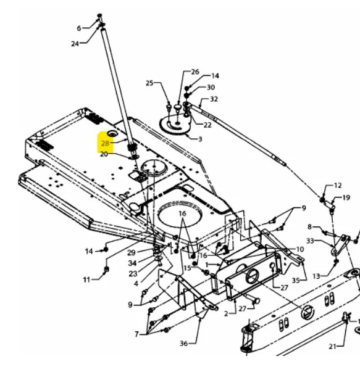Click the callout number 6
coord(79,28)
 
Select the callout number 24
coord(75,44)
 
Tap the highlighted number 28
coord(105,144)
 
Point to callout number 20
coord(104,154)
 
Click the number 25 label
coord(149,83)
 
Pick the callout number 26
coord(195,72)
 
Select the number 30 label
coord(211,87)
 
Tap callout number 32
coord(214,99)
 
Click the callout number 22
coord(207,125)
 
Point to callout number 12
coord(338,186)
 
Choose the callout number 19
coord(346,198)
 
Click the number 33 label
coord(310,241)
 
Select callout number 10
coord(300,249)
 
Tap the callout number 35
coord(296,281)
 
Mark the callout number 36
coord(183,344)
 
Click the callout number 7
coord(136,334)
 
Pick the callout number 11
coord(86,279)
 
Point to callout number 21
coord(333,347)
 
